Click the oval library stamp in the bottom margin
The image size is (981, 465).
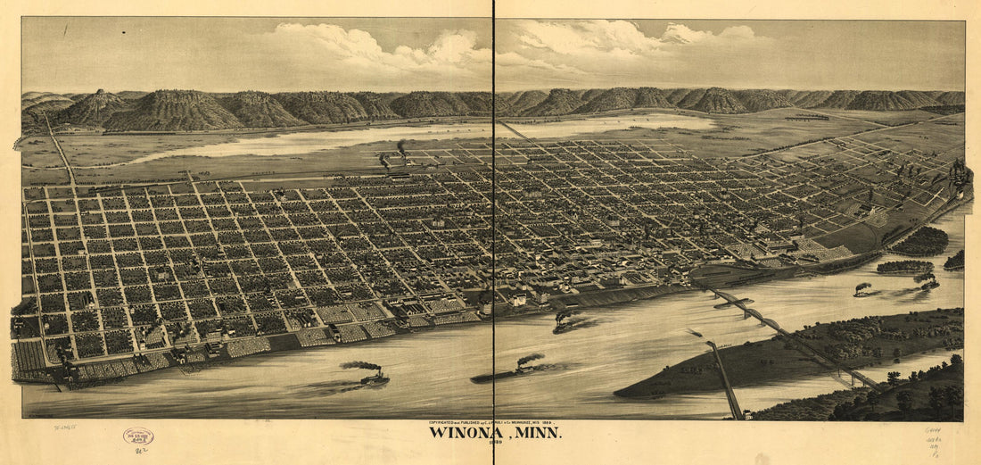tap(138, 436)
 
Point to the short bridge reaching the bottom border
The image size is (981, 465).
tap(724, 379)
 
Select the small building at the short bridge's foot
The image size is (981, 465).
tap(747, 414)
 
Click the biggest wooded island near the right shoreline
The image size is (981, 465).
tap(920, 241)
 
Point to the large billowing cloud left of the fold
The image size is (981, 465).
tap(375, 49)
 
